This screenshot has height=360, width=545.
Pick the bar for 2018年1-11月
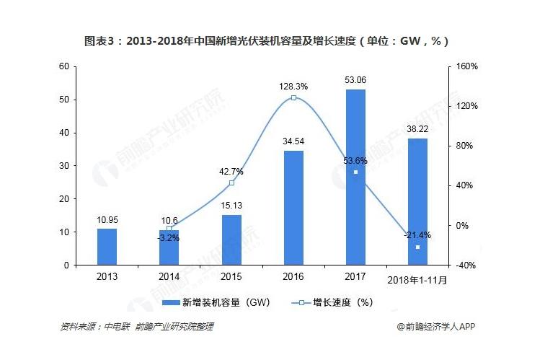click(417, 202)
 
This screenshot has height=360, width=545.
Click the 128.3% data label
click(293, 86)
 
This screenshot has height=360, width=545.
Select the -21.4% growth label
click(417, 235)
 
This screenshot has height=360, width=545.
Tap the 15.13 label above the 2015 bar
click(231, 205)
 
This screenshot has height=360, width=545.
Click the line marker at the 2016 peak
click(293, 97)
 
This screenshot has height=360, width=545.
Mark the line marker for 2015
click(231, 183)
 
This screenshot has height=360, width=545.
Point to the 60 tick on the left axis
click(64, 66)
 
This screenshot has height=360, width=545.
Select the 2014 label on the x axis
click(169, 276)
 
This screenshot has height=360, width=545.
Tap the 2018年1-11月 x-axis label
click(417, 278)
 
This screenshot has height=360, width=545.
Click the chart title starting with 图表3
click(272, 40)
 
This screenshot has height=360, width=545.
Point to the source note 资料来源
click(136, 327)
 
